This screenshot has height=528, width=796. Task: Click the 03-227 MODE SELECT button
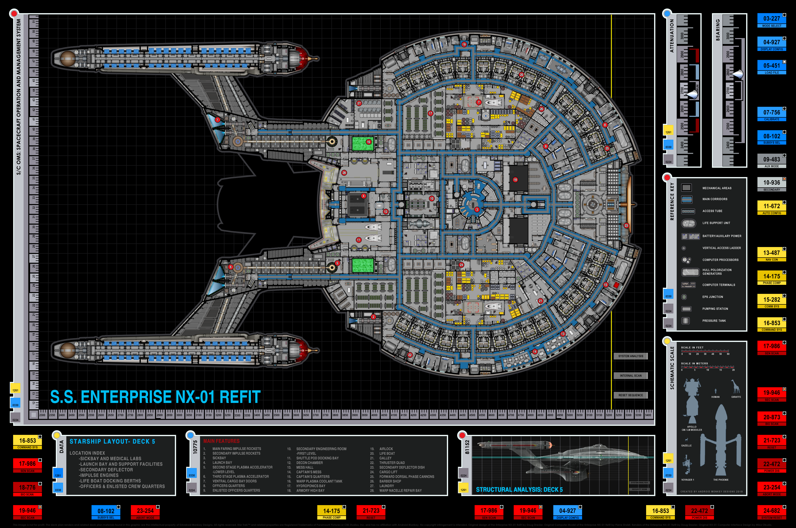click(771, 20)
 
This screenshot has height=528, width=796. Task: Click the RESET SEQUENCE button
click(630, 395)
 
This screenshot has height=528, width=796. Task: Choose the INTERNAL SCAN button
click(630, 375)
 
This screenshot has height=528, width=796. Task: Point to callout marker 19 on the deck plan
click(464, 44)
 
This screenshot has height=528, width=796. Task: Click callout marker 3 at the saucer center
click(477, 209)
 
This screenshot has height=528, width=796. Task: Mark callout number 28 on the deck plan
click(344, 173)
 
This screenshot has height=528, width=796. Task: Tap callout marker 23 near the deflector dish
click(626, 225)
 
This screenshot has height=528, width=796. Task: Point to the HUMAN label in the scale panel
click(715, 397)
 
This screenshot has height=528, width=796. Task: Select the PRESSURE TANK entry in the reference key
click(714, 321)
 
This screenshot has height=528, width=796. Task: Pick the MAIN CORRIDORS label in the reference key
click(714, 199)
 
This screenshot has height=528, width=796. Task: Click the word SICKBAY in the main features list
click(219, 458)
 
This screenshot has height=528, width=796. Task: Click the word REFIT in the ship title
click(240, 397)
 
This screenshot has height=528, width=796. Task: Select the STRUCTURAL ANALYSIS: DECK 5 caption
click(519, 489)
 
